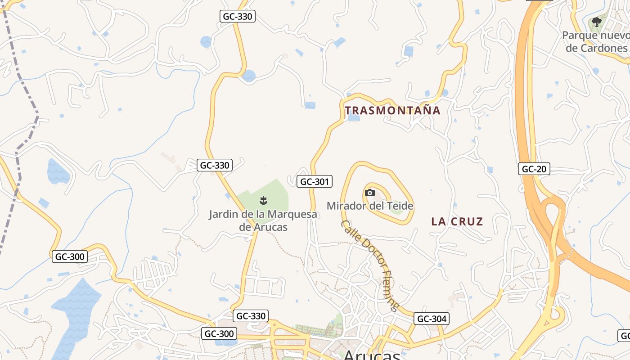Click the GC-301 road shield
tap(315, 181)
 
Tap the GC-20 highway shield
tap(534, 169)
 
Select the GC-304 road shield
tap(431, 319)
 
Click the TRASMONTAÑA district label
tap(392, 110)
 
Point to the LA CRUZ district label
tap(457, 221)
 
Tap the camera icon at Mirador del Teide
tap(370, 193)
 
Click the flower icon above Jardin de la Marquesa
tap(264, 200)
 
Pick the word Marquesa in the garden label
tap(292, 214)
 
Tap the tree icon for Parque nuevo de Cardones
tap(597, 22)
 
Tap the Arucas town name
tap(372, 354)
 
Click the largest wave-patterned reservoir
tap(76, 310)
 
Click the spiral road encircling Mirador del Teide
tap(344, 189)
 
